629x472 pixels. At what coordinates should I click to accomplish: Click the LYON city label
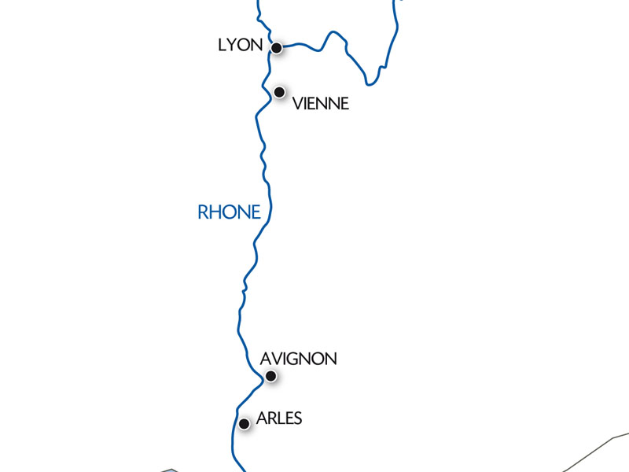click(240, 46)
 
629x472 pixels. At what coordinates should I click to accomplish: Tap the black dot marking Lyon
click(277, 48)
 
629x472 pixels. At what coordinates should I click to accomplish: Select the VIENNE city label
click(320, 104)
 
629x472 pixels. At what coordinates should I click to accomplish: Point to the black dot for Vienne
click(279, 92)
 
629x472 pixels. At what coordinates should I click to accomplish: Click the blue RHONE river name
click(229, 212)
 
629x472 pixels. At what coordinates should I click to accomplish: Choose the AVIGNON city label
click(298, 359)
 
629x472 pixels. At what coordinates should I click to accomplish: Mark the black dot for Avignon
click(270, 376)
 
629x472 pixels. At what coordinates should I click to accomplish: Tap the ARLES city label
click(279, 419)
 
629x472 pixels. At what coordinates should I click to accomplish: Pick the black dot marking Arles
click(245, 423)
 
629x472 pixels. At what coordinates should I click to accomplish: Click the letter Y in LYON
click(232, 46)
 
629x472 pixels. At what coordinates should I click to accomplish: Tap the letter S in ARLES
click(296, 419)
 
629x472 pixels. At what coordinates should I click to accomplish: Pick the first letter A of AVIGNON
click(265, 359)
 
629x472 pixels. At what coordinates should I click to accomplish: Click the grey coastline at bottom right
click(598, 447)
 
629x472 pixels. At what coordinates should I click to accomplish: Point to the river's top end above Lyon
click(259, 2)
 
